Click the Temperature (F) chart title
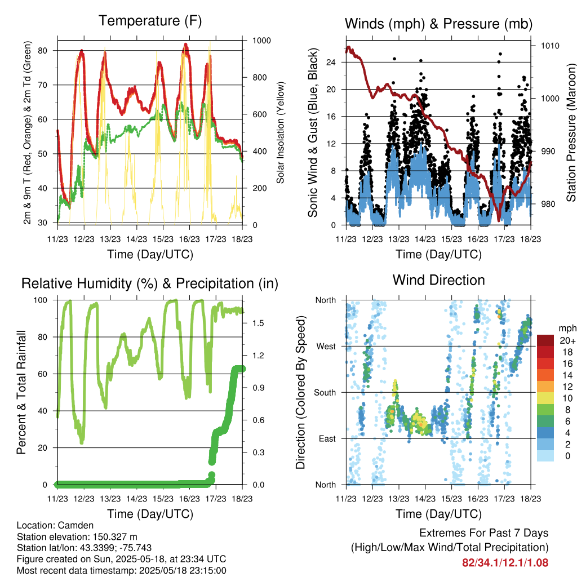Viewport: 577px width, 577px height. [150, 21]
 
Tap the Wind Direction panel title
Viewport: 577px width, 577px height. [438, 280]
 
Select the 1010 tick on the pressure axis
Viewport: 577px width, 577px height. [550, 46]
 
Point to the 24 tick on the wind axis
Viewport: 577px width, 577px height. [331, 62]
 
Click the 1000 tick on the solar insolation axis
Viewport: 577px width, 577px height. [261, 41]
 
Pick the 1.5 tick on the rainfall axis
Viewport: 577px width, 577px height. [258, 323]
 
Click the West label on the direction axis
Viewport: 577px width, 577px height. [326, 347]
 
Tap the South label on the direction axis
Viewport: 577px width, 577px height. [325, 393]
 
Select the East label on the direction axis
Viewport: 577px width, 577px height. [327, 438]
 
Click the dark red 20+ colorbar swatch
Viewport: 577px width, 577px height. [545, 340]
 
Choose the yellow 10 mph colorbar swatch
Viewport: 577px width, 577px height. [545, 398]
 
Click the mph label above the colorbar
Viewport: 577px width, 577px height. [567, 329]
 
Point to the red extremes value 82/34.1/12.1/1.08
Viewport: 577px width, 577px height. [505, 563]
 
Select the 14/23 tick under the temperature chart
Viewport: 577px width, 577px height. [136, 239]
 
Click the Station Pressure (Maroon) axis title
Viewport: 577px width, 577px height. [571, 132]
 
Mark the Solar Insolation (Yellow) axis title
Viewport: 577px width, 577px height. [281, 133]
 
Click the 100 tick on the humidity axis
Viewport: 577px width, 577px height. [41, 300]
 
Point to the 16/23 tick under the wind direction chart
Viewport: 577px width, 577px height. [478, 499]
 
